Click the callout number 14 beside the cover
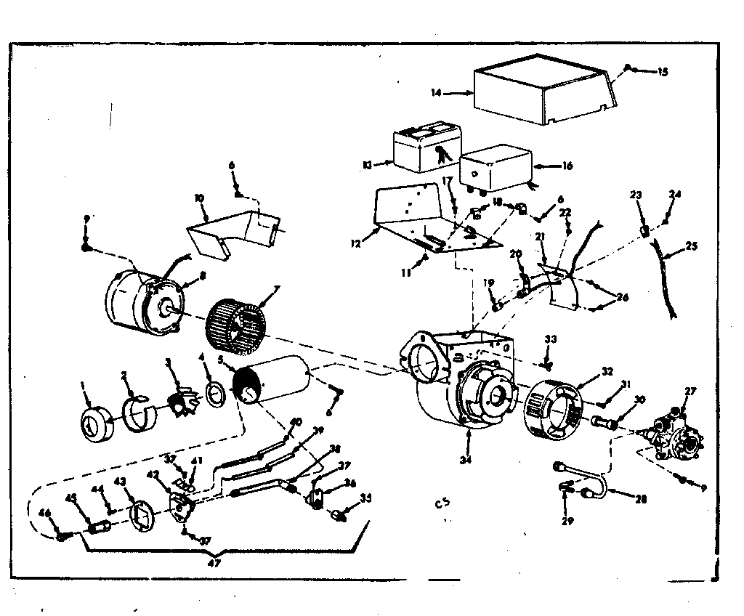click(436, 93)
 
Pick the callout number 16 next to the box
click(567, 166)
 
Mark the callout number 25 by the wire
click(691, 246)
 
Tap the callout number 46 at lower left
click(46, 514)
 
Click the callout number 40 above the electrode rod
click(295, 421)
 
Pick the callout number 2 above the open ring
click(124, 375)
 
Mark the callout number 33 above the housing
click(551, 339)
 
